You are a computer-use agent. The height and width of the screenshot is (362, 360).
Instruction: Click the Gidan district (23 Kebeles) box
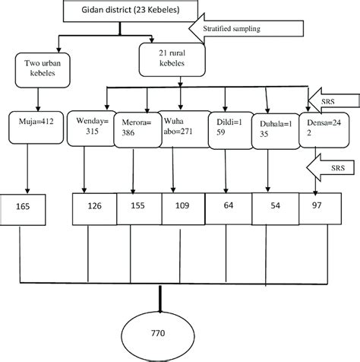[x=122, y=11]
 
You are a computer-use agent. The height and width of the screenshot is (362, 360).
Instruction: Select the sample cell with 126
[x=94, y=207]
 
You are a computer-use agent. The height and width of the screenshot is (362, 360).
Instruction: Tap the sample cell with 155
[x=139, y=207]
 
